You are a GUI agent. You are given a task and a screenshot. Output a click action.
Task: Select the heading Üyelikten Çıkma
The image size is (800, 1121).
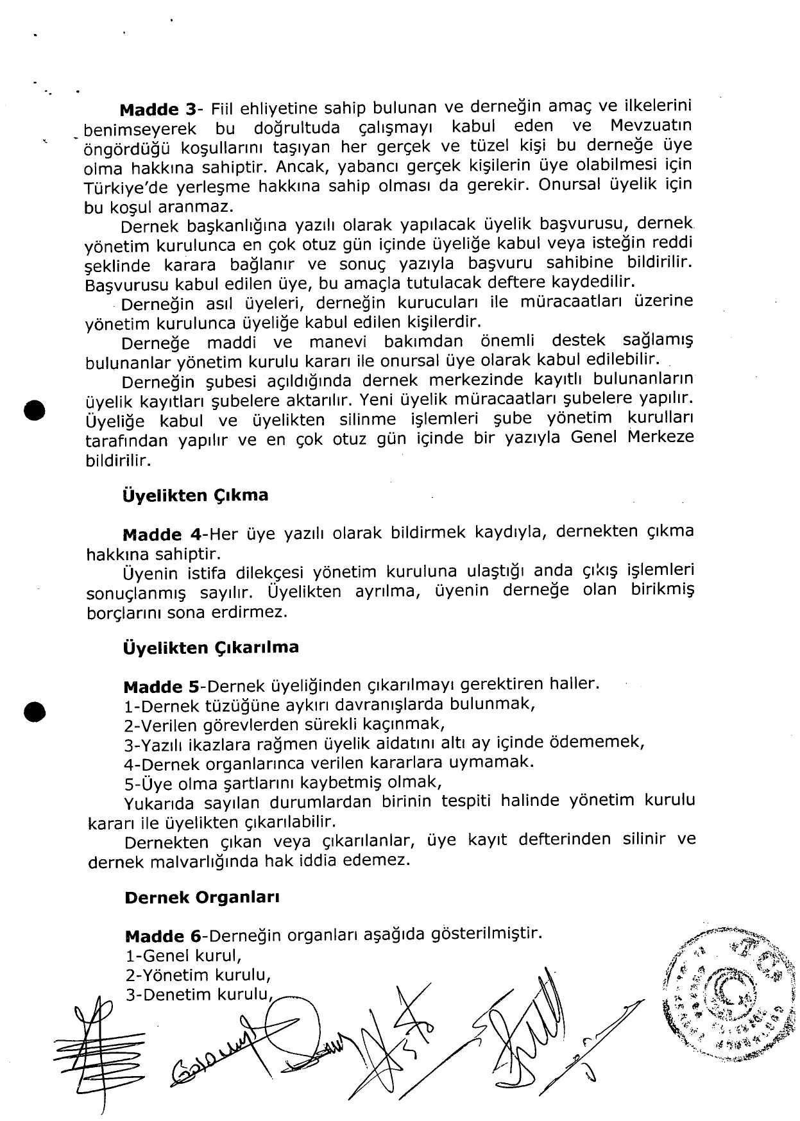[x=195, y=495]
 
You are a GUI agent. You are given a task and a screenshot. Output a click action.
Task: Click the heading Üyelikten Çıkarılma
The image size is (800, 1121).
[x=210, y=647]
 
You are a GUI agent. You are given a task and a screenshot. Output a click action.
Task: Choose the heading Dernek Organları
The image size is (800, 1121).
[x=201, y=898]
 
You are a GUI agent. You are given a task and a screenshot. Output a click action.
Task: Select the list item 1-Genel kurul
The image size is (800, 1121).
[x=183, y=956]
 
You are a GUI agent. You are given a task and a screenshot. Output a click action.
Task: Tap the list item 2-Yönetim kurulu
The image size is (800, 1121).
[x=198, y=975]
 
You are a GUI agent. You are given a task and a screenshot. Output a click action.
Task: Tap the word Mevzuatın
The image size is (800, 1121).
[x=651, y=125]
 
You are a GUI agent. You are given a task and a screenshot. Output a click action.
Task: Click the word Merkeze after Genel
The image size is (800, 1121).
[x=661, y=438]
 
